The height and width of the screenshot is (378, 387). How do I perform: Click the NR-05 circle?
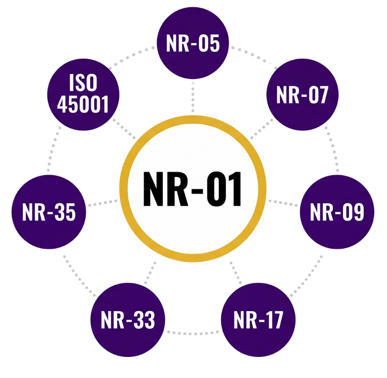(x=193, y=43)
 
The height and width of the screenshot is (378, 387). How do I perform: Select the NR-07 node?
(x=303, y=95)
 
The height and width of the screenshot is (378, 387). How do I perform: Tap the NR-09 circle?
(x=337, y=212)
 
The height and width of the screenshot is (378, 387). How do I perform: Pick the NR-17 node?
(x=258, y=320)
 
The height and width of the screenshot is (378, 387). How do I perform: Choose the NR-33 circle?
(x=128, y=320)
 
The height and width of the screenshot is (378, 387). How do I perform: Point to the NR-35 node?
(x=49, y=212)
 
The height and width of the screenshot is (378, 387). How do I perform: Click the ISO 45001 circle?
(x=83, y=95)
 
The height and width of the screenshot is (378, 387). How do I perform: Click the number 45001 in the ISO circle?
(x=83, y=104)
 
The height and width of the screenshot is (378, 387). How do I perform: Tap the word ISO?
(x=83, y=83)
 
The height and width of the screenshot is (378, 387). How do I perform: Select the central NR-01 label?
(x=192, y=189)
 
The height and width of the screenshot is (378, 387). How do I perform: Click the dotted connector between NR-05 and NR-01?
(x=193, y=97)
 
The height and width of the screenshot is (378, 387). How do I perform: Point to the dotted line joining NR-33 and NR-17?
(x=193, y=333)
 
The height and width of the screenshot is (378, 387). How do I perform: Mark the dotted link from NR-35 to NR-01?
(x=103, y=203)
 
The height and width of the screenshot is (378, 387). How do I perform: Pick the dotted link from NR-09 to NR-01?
(x=283, y=203)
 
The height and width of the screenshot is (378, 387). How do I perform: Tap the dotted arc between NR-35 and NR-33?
(x=79, y=276)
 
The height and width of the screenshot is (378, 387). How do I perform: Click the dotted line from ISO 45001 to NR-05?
(x=131, y=56)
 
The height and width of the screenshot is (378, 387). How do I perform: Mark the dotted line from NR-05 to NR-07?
(x=255, y=56)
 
